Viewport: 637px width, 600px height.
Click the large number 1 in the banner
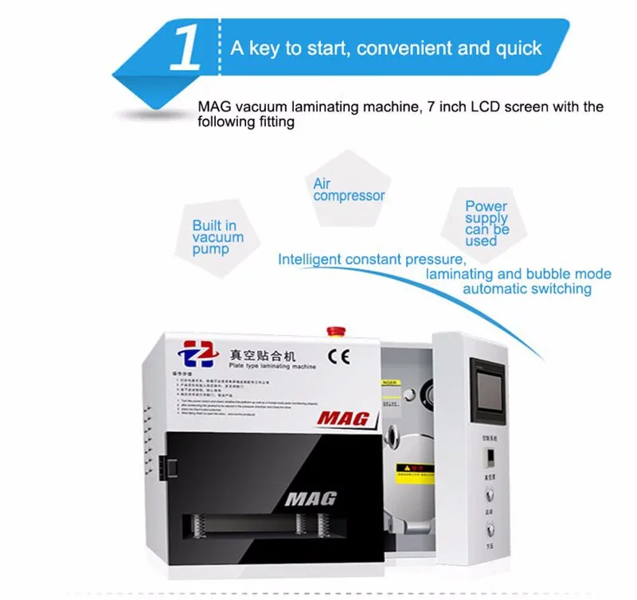point(187,49)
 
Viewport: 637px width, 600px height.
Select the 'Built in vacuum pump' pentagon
point(217,237)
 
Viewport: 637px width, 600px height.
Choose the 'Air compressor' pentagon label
point(348,189)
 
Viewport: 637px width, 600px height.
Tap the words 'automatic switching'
point(527,289)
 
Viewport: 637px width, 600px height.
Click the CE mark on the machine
point(338,353)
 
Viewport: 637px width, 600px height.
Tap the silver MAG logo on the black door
point(310,499)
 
